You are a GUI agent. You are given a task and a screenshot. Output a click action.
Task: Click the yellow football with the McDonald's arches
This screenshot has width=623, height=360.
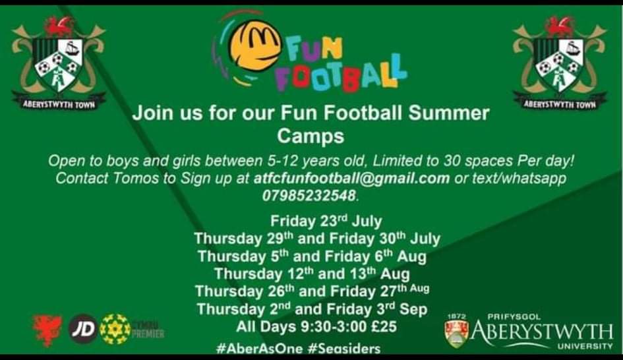coord(254,46)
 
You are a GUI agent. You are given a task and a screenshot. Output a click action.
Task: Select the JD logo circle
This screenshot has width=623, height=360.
coord(83,328)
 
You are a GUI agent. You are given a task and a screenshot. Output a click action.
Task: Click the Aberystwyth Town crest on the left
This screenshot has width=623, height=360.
coord(59,63)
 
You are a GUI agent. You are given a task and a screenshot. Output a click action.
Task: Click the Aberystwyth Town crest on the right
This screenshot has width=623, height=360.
coord(560,63)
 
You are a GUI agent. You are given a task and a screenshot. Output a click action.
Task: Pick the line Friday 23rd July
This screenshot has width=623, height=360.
coord(326,221)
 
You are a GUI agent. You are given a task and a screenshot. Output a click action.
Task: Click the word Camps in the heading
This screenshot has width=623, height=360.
coord(311,136)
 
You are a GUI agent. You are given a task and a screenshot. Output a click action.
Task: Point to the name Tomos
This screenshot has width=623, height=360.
coord(121,179)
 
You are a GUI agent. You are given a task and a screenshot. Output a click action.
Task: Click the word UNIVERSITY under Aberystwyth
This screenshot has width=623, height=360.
coord(585,345)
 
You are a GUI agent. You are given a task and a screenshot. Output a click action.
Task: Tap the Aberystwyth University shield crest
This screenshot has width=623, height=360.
coord(457,332)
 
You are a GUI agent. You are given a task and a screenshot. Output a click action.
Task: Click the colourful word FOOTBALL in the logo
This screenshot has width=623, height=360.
coord(340,75)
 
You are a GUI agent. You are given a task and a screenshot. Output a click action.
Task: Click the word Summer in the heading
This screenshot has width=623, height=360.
coord(450,113)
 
